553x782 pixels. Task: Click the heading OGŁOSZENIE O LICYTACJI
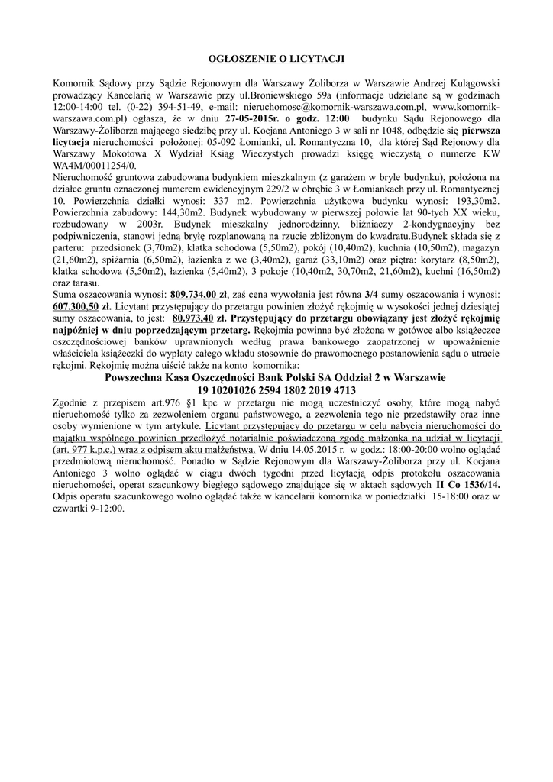(276, 58)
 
